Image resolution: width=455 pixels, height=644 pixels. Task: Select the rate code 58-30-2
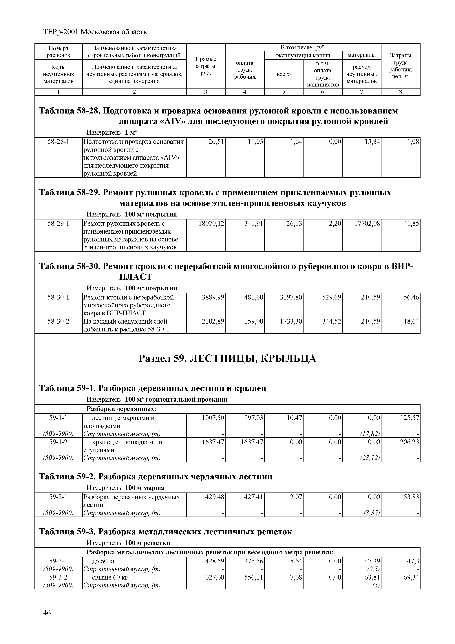pyautogui.click(x=58, y=321)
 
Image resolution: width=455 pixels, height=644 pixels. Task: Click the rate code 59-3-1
pyautogui.click(x=58, y=561)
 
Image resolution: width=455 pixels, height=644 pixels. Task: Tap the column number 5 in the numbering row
pyautogui.click(x=284, y=92)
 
